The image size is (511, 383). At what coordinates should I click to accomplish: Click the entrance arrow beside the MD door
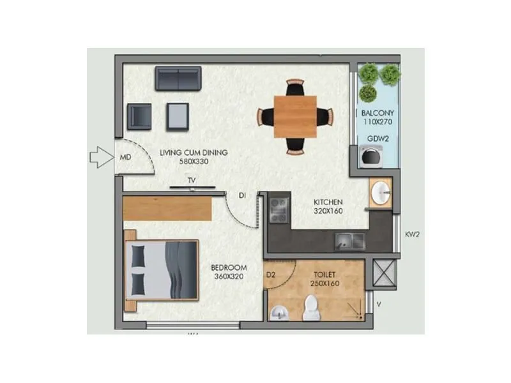pyautogui.click(x=100, y=157)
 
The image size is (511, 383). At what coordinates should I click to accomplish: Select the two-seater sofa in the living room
pyautogui.click(x=178, y=78)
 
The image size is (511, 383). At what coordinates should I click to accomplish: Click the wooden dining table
pyautogui.click(x=295, y=116)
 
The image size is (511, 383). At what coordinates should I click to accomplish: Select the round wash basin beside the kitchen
pyautogui.click(x=381, y=193)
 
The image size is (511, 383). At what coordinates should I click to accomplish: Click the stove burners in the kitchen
pyautogui.click(x=279, y=210)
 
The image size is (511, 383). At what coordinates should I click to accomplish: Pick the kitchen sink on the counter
pyautogui.click(x=349, y=241)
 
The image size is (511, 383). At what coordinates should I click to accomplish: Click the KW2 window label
pyautogui.click(x=413, y=234)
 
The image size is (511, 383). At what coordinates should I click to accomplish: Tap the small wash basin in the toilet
pyautogui.click(x=278, y=312)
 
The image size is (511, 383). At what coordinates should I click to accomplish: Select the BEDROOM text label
pyautogui.click(x=229, y=269)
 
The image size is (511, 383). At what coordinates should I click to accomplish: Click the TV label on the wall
pyautogui.click(x=191, y=181)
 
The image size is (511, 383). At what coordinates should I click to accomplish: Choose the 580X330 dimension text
pyautogui.click(x=195, y=162)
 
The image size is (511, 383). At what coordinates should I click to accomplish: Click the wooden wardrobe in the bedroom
pyautogui.click(x=167, y=208)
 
